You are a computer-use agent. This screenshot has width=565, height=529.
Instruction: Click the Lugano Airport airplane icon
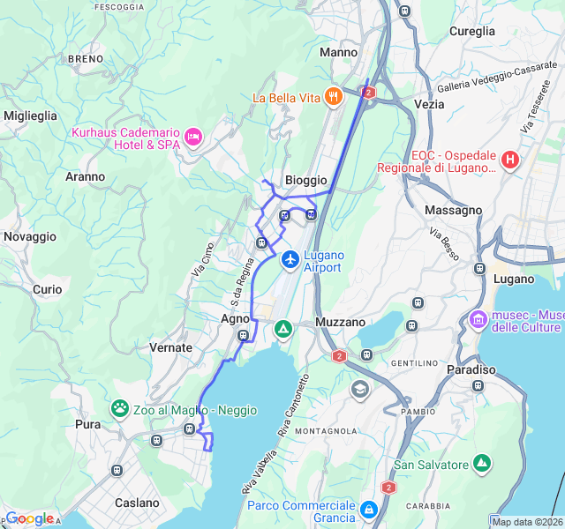pos(290,260)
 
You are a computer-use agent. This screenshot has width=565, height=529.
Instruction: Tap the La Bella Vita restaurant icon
pos(333,97)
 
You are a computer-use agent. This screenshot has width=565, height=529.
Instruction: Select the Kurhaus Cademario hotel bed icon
pos(192,137)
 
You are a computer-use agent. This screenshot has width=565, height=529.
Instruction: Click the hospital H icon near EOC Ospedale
pos(509,160)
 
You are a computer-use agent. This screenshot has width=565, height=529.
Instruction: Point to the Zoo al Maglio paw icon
pos(119,409)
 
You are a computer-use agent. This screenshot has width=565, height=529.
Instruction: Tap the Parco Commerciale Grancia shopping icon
pos(368,509)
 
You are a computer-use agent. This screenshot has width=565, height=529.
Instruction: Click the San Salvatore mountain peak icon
pos(481,463)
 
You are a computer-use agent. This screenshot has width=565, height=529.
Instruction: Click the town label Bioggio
pos(305,180)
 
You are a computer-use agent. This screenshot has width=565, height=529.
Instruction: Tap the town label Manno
pos(338,53)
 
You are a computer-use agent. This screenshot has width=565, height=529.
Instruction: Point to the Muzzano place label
pos(341,323)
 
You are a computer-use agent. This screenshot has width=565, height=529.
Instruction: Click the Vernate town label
pos(170,347)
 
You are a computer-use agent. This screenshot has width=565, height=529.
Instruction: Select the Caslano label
pos(137,503)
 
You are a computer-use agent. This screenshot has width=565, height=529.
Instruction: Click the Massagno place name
pos(453,211)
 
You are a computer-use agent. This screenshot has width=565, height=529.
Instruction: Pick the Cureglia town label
pos(472,31)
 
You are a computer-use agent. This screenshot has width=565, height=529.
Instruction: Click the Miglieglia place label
pos(30,115)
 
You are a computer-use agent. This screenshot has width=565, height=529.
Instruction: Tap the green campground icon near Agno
pos(282,330)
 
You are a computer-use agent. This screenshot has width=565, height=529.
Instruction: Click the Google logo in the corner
pos(28,518)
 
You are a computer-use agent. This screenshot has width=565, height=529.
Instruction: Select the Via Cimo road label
pos(203,260)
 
